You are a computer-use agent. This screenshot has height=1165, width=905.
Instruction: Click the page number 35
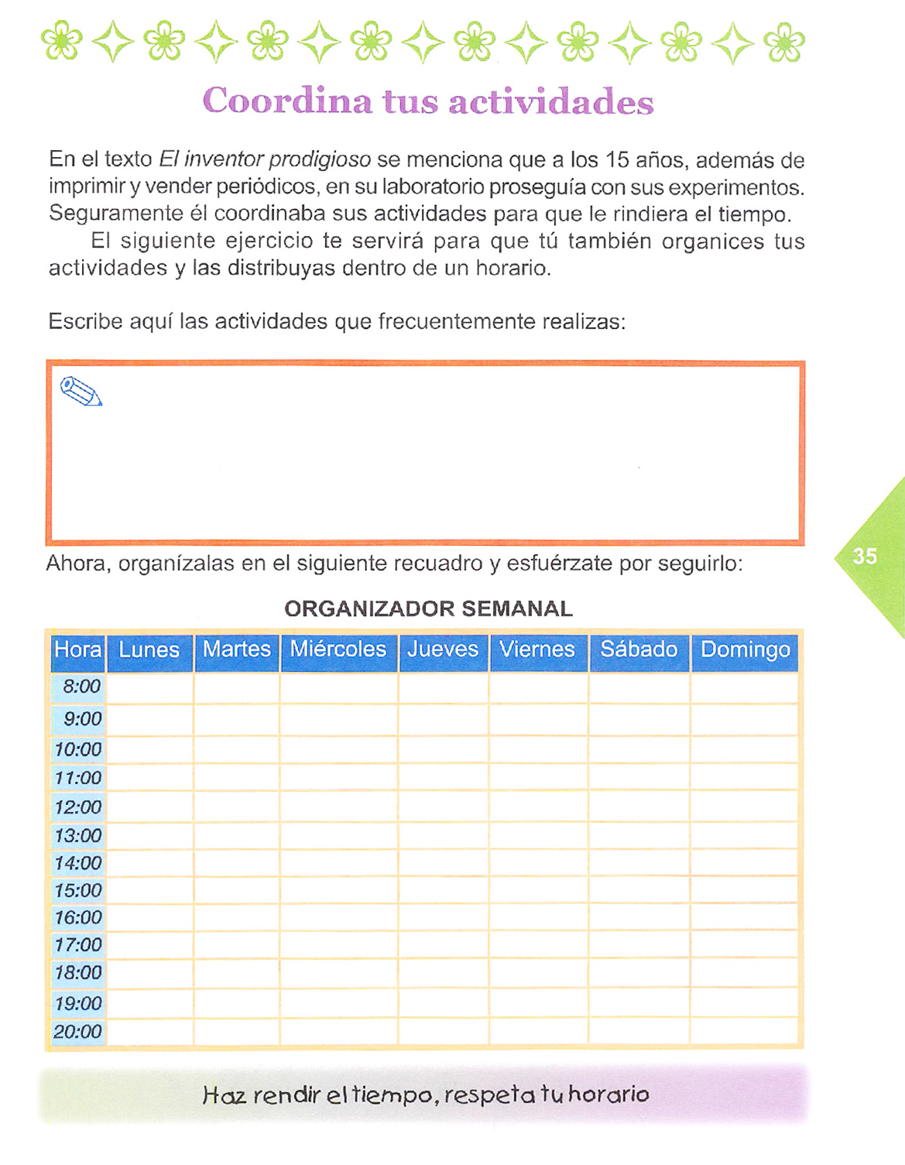tap(865, 556)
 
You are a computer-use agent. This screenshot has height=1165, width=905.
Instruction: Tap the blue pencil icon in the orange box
tap(81, 391)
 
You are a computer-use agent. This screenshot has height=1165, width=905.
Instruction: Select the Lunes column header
tap(149, 649)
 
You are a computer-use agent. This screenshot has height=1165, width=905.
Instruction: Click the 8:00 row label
tap(81, 687)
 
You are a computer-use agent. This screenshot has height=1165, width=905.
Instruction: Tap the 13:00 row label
tap(78, 836)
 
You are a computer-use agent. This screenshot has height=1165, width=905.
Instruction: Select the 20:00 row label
tap(77, 1032)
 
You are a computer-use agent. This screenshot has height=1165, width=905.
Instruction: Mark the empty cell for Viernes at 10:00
tap(538, 749)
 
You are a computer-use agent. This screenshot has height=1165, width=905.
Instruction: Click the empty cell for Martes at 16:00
tap(236, 917)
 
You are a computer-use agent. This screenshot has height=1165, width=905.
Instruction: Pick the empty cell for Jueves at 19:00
tap(443, 1003)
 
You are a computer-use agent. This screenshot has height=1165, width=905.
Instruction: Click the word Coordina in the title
tap(287, 101)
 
